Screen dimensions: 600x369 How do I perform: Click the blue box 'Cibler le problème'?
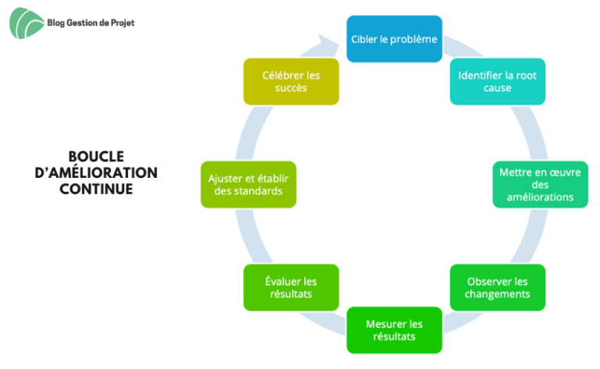[x=394, y=39]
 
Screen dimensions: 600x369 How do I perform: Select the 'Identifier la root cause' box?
[x=498, y=81]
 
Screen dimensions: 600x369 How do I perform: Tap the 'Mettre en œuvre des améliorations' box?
[x=540, y=184]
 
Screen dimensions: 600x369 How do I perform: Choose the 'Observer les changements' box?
[x=498, y=288]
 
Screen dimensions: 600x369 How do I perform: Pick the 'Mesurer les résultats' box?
[x=394, y=330]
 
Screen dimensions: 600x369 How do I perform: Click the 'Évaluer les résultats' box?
[x=291, y=288]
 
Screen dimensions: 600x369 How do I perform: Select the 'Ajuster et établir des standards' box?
[x=248, y=184]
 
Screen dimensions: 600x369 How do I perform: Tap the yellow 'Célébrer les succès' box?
[x=291, y=81]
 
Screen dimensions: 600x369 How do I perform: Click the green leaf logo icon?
[x=26, y=23]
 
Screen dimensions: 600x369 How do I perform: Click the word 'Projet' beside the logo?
[x=123, y=23]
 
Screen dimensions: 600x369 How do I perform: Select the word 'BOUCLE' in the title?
[x=96, y=157]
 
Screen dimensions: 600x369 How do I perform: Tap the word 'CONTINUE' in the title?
[x=96, y=189]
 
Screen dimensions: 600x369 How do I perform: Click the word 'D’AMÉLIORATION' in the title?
[x=96, y=172]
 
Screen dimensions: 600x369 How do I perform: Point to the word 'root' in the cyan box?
[x=526, y=76]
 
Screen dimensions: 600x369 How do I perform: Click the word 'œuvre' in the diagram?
[x=564, y=172]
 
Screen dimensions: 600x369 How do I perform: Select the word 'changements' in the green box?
[x=498, y=294]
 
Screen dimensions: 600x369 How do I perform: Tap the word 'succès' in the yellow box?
[x=291, y=88]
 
